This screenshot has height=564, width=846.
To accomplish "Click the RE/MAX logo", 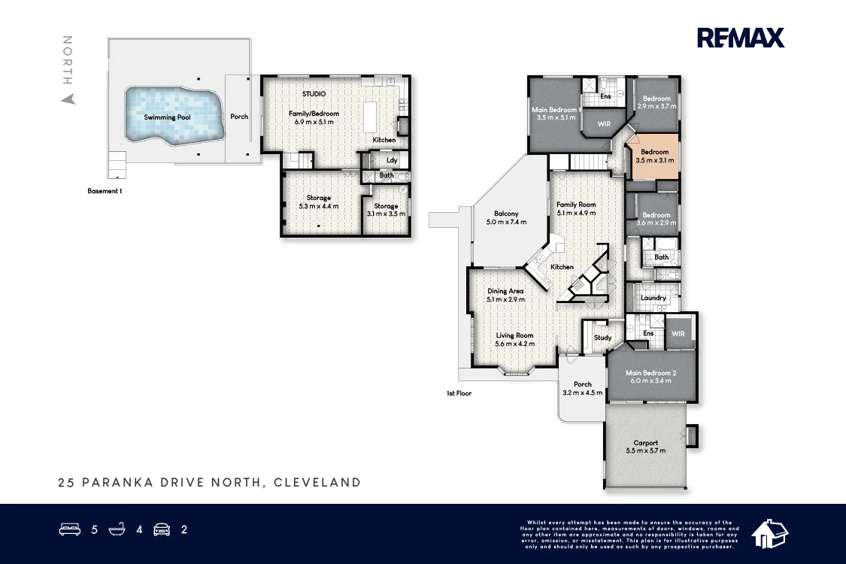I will click(740, 38).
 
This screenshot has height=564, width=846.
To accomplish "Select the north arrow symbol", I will click(68, 99).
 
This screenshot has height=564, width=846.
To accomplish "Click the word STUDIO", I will click(314, 94).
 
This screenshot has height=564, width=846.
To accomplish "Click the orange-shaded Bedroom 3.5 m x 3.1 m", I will click(652, 156).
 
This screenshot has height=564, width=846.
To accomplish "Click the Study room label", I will click(602, 338).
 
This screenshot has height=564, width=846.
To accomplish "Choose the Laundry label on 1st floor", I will click(653, 298).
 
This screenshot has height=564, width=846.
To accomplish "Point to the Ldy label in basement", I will click(392, 160).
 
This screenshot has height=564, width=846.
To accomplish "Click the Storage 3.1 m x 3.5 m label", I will click(386, 210).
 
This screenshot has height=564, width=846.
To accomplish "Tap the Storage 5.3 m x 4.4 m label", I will click(318, 202).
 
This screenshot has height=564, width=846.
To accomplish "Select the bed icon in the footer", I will click(70, 529).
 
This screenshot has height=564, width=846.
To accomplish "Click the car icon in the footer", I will click(162, 529).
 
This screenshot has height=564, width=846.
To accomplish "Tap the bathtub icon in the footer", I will click(117, 529).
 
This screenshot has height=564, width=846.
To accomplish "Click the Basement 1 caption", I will click(105, 191).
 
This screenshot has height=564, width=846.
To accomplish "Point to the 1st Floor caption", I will click(459, 393).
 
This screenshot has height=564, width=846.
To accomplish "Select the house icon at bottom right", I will click(769, 533).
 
